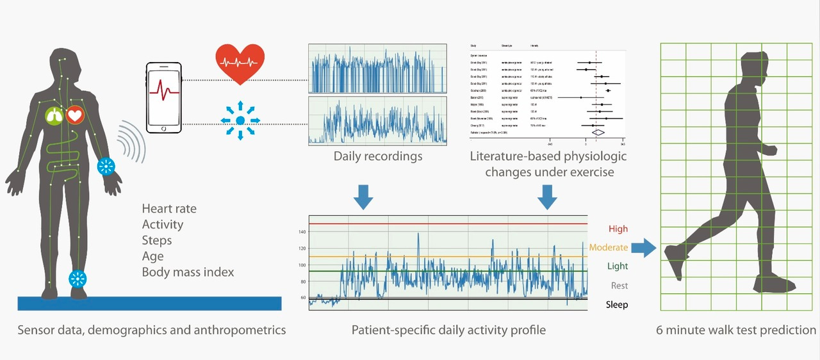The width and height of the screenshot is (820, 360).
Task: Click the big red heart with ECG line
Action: pyautogui.click(x=240, y=63)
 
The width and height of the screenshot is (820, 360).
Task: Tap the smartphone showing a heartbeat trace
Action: pyautogui.click(x=164, y=97)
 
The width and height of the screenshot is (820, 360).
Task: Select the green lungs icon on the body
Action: pyautogui.click(x=54, y=116)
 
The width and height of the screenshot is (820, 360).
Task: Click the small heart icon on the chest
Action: pyautogui.click(x=75, y=115)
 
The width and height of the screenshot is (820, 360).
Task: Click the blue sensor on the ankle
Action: pyautogui.click(x=78, y=279)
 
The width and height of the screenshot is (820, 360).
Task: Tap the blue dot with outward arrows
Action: pyautogui.click(x=240, y=120)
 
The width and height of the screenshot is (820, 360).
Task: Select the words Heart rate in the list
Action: pyautogui.click(x=169, y=209)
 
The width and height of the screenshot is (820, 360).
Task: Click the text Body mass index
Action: pyautogui.click(x=188, y=272)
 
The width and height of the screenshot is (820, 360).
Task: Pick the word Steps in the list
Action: pyautogui.click(x=157, y=241)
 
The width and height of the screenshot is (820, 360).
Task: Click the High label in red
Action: pyautogui.click(x=618, y=229)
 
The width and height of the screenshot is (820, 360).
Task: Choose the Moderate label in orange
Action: pyautogui.click(x=609, y=247)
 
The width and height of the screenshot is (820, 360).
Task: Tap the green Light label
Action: pyautogui.click(x=618, y=266)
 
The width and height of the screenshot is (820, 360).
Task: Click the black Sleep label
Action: pyautogui.click(x=617, y=305)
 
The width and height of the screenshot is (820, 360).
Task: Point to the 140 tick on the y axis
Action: pyautogui.click(x=302, y=232)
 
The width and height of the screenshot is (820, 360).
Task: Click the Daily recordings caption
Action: pyautogui.click(x=378, y=156)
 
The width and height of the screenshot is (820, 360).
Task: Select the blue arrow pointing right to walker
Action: pyautogui.click(x=644, y=248)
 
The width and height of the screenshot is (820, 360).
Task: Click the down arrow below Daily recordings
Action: pyautogui.click(x=363, y=198)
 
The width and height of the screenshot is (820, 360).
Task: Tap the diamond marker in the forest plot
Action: pyautogui.click(x=598, y=132)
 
